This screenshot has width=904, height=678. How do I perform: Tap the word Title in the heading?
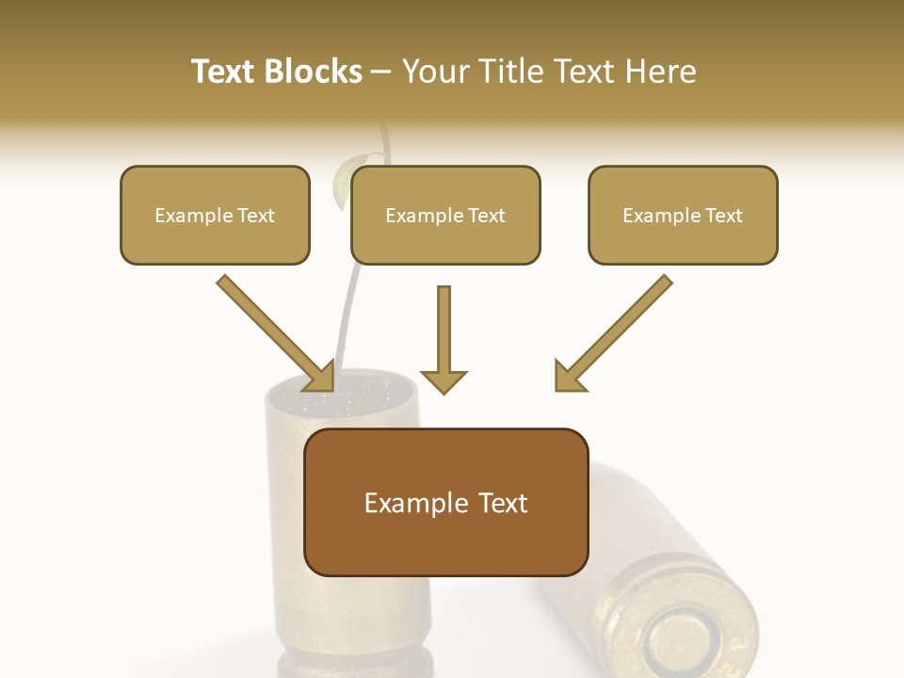[x=512, y=72]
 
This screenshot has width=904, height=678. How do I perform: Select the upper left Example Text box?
[x=215, y=215]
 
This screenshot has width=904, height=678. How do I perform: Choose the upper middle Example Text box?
[x=445, y=215]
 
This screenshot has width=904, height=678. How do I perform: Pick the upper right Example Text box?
[x=683, y=215]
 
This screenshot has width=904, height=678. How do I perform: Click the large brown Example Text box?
[x=445, y=502]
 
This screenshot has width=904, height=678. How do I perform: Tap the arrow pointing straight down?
[x=444, y=339]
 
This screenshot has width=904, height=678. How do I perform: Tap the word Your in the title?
[x=436, y=72]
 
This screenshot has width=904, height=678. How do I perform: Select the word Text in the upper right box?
[x=723, y=216]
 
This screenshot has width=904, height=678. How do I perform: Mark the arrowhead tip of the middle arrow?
[x=444, y=392]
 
